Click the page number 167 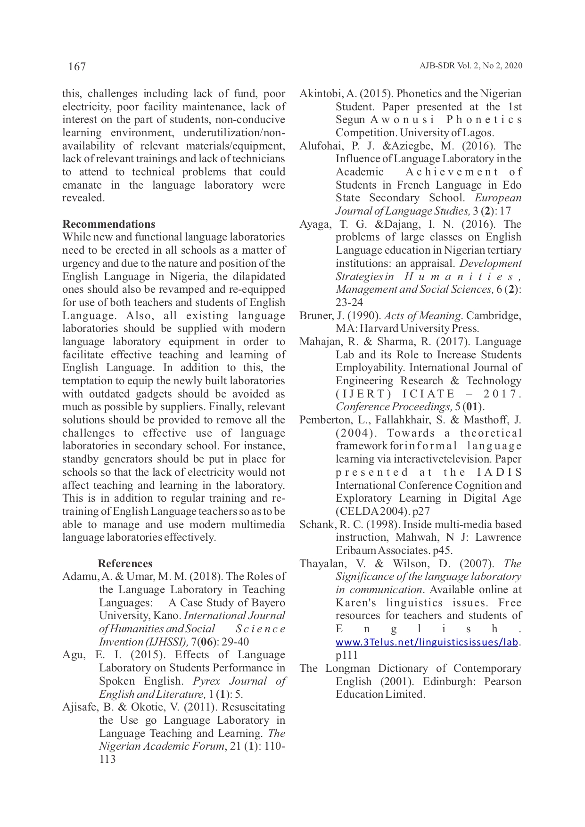click(x=77, y=66)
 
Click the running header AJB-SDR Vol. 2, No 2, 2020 click(x=470, y=66)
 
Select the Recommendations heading click(x=108, y=224)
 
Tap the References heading click(x=125, y=563)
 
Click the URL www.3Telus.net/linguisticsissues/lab click(x=427, y=642)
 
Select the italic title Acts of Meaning click(x=422, y=315)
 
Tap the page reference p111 click(x=346, y=655)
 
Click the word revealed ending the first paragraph click(x=82, y=198)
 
